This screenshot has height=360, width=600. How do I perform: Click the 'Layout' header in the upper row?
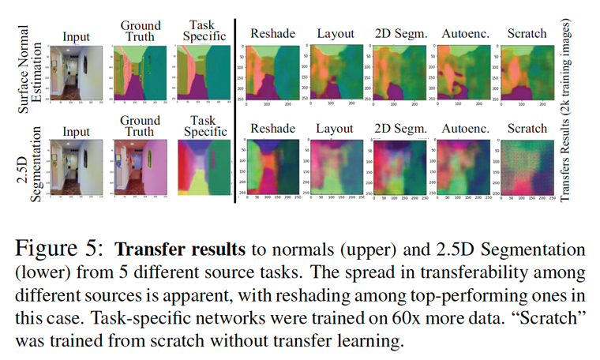[336, 34]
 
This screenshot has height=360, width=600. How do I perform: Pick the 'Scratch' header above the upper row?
[527, 34]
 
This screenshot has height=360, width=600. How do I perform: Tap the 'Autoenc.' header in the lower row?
[463, 128]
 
